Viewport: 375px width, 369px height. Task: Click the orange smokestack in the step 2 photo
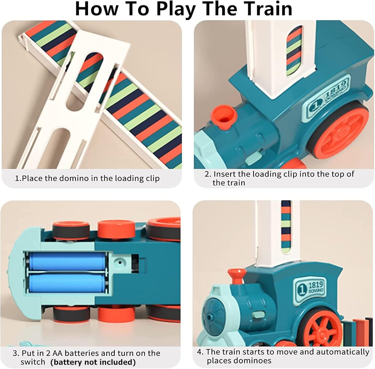pos(224,117)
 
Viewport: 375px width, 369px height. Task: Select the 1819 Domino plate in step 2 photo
pos(326,96)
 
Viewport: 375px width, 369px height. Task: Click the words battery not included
pos(93,362)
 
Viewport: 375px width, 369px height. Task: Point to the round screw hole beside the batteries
pos(120,262)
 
